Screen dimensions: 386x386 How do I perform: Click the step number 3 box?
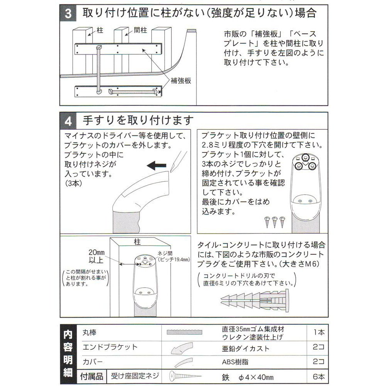coord(68,13)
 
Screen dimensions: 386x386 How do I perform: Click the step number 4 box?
coord(68,121)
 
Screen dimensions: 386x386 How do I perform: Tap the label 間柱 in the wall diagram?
coord(141,30)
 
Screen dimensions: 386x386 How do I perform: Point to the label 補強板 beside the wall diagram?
coord(181,81)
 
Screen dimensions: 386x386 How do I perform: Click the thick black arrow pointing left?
coord(157,166)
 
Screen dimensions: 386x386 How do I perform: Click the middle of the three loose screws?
coord(275,222)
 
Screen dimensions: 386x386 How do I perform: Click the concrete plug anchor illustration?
coord(255,301)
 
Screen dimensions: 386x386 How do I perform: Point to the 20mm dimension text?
coord(96,252)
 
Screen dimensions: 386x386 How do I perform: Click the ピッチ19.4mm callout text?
coord(174,259)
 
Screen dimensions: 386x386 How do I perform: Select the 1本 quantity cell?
coord(318,332)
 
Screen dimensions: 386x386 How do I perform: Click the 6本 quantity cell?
coord(318,377)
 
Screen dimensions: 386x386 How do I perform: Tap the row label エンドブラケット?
coord(110,347)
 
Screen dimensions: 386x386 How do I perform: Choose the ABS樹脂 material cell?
coord(235,362)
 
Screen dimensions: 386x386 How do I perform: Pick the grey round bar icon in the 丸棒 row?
coord(185,332)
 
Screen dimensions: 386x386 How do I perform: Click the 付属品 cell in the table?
coord(91,377)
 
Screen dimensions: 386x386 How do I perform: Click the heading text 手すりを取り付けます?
coord(138,120)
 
